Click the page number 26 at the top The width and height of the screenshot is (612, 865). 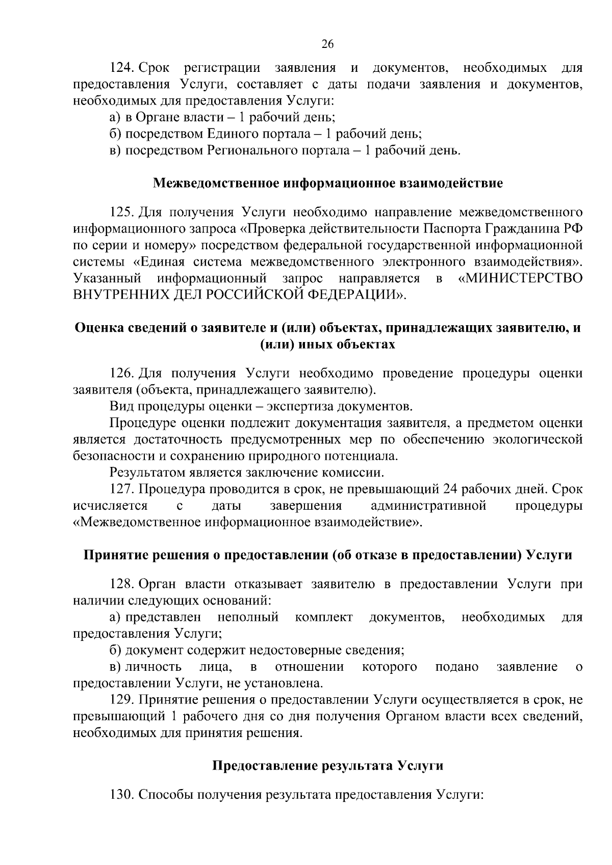[x=327, y=44]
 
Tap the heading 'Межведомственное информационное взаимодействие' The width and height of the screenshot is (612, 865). [x=328, y=183]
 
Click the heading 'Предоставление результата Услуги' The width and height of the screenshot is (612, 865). [x=327, y=766]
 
